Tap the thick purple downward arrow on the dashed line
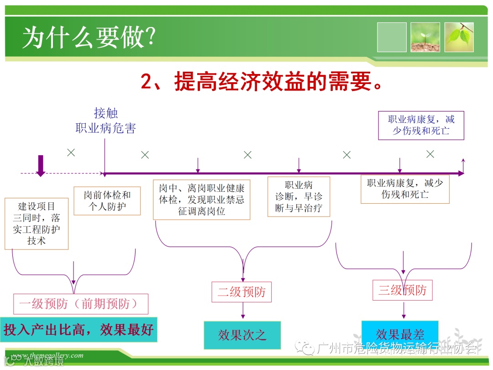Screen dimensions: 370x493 tap(41, 165)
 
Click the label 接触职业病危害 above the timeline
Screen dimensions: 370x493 tap(105, 121)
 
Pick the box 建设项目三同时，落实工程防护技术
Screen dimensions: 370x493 tap(37, 223)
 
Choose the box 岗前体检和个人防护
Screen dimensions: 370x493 tap(107, 201)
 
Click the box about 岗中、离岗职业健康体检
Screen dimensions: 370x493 tap(202, 200)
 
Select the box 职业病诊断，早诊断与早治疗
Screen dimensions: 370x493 tap(299, 197)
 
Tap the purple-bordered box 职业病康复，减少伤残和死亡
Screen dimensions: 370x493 tap(421, 125)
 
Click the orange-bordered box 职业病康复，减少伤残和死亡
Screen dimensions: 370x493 tap(405, 189)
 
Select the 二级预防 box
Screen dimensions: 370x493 tap(241, 292)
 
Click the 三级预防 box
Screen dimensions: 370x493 tap(402, 290)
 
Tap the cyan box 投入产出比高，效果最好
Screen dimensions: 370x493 tap(79, 329)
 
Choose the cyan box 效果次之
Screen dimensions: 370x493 tap(242, 335)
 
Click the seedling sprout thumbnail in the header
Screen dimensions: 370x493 tap(425, 37)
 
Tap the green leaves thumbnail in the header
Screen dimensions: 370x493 tap(460, 37)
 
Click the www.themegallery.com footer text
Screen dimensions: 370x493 tap(47, 355)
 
